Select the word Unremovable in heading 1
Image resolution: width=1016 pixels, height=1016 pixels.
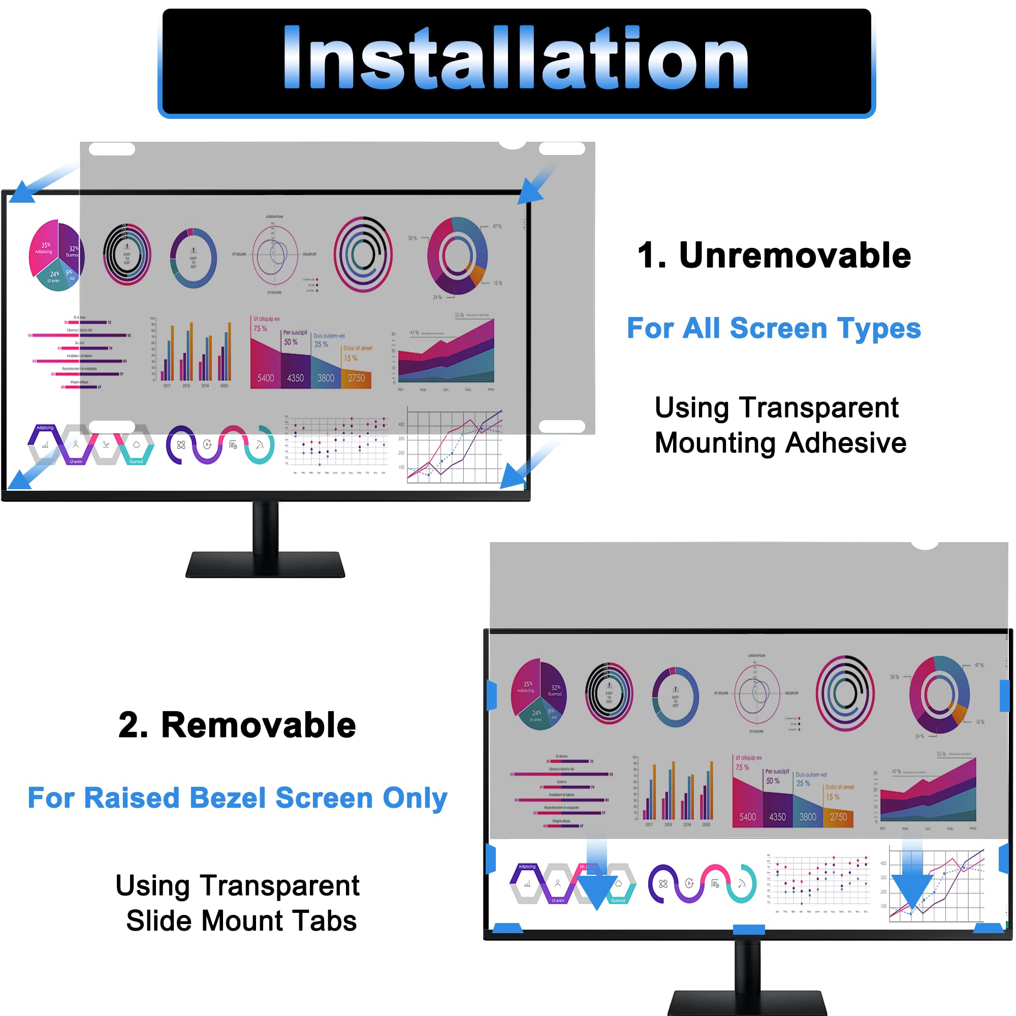coord(795,256)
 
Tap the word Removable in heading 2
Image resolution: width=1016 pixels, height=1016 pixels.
coord(258,726)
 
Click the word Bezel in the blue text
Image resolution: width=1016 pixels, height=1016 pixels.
coord(228,798)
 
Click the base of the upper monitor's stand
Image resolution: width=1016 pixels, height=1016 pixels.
coord(265,565)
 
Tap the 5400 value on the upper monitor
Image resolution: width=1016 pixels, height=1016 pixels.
coord(266,378)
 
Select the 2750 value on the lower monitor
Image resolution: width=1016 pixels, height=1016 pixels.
coord(838,817)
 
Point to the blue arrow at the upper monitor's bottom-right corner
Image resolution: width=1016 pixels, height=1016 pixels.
coord(514,477)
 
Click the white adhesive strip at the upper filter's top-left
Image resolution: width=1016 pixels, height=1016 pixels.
coord(112,149)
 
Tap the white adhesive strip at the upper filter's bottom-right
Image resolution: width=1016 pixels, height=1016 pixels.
coord(562,427)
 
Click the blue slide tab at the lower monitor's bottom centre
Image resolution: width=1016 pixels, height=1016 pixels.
coord(748,930)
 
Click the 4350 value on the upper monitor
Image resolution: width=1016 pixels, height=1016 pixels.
coord(296,378)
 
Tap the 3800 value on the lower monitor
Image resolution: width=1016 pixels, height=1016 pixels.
coord(808,817)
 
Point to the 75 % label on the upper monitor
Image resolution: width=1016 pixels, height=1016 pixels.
coord(260,329)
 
